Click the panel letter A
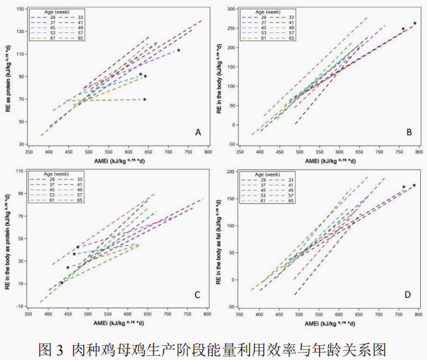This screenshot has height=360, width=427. (x=198, y=132)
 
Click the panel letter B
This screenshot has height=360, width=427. (x=409, y=132)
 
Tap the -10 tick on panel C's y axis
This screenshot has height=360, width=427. (x=21, y=306)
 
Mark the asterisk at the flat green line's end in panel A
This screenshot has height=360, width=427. (x=145, y=100)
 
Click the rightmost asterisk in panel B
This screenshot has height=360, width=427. (x=415, y=24)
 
